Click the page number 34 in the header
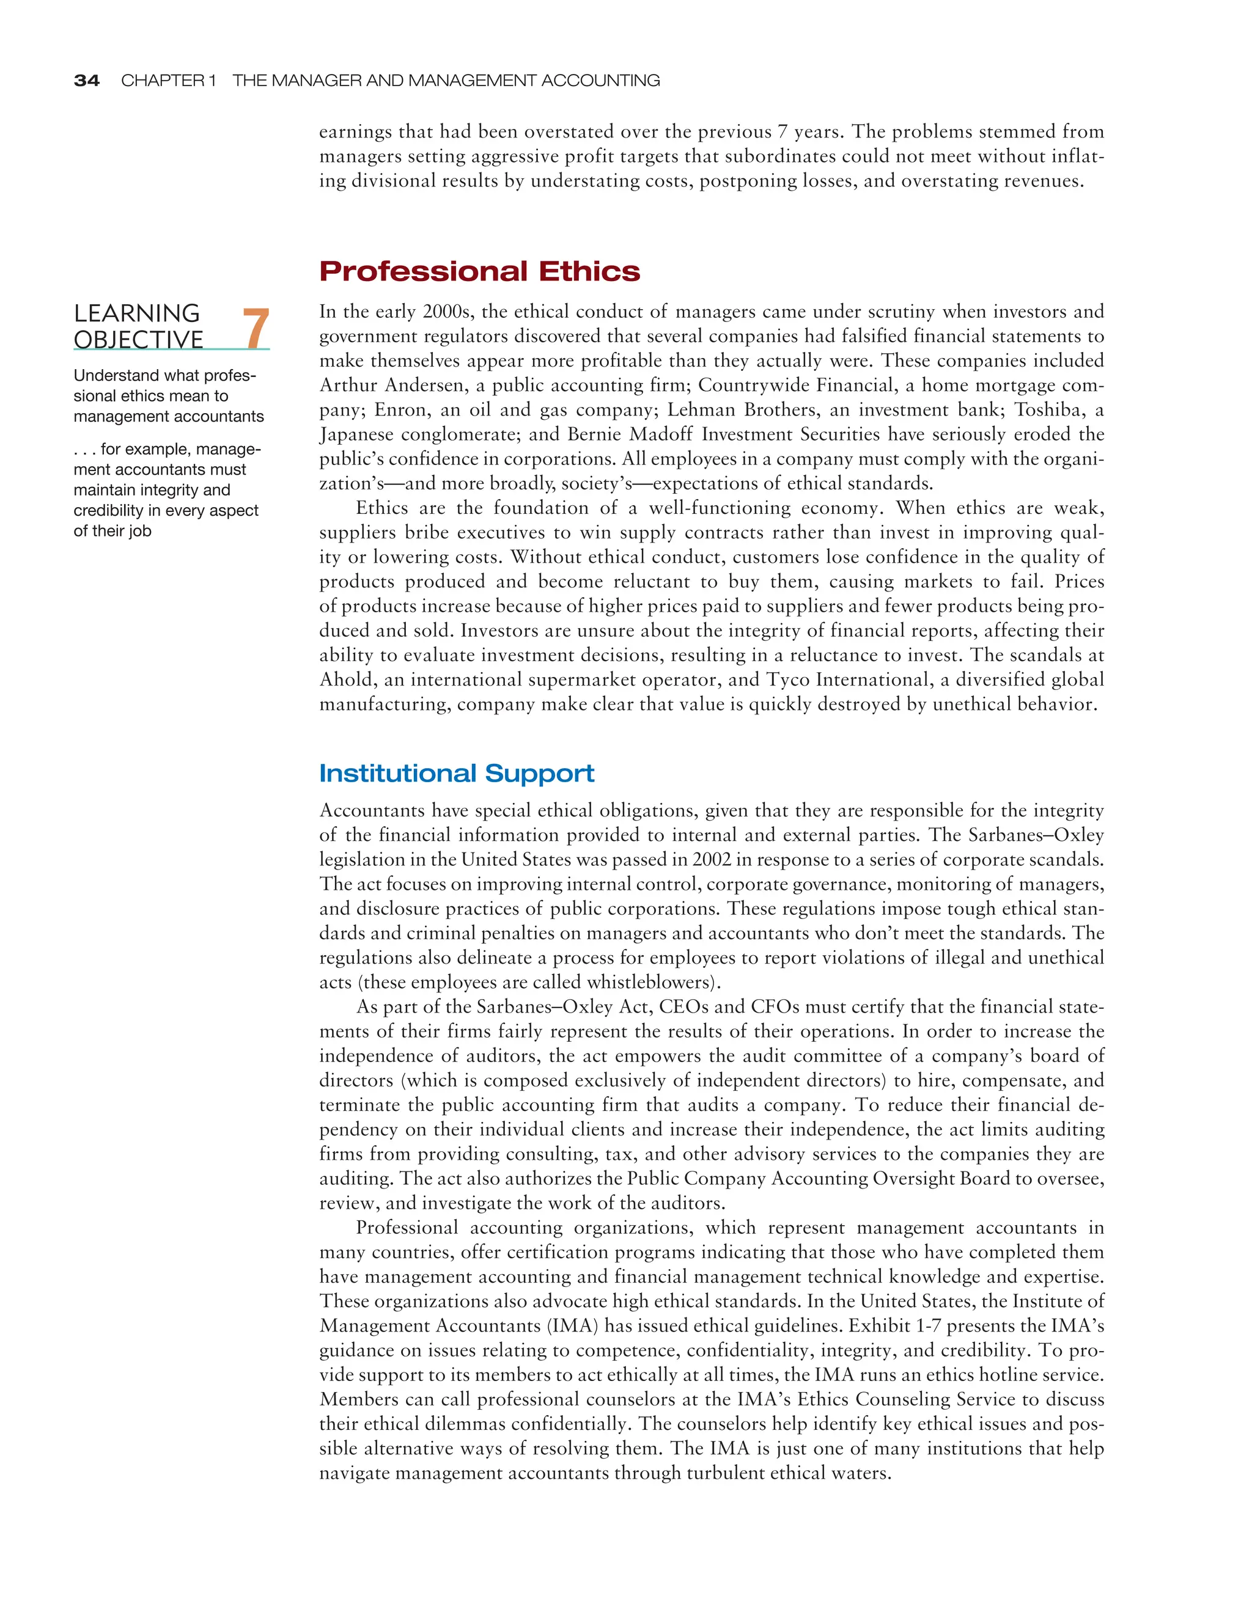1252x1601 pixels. click(x=87, y=81)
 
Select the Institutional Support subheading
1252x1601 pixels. click(x=456, y=774)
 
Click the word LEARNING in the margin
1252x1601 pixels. click(x=136, y=313)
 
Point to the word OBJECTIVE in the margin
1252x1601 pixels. click(x=139, y=340)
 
